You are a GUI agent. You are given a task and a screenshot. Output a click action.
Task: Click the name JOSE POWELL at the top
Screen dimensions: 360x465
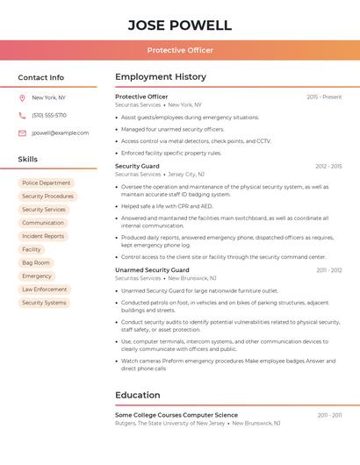[180, 25]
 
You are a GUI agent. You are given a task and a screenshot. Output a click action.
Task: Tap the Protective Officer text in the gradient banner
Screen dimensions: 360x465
[180, 50]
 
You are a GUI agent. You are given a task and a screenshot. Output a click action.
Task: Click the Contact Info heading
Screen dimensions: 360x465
[41, 77]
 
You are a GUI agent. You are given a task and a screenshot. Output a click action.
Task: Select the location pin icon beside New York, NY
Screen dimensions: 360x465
[22, 97]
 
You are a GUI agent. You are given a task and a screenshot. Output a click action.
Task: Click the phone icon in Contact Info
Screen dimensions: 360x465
[22, 115]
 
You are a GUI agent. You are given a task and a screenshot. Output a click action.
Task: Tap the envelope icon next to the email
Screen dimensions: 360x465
[22, 133]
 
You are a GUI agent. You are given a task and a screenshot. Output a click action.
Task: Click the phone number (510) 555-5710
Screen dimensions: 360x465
[49, 115]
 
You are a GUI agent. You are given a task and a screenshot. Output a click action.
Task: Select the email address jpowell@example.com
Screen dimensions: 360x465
[60, 133]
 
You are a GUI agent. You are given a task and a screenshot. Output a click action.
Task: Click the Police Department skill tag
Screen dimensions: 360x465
[47, 183]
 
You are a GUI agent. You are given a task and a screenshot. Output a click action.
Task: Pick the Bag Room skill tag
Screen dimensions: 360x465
[36, 262]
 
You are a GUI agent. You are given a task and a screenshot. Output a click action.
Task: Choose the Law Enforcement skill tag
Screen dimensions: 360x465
[45, 289]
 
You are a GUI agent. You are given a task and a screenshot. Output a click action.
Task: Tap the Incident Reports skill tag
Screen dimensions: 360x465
[43, 236]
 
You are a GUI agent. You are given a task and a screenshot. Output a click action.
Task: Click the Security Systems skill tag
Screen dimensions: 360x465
[44, 302]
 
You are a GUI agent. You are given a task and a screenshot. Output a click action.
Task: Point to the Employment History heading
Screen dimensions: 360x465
[161, 77]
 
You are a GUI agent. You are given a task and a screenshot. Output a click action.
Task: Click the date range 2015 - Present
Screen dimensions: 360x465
[324, 97]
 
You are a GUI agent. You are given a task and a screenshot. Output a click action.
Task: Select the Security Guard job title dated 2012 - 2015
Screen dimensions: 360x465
[137, 166]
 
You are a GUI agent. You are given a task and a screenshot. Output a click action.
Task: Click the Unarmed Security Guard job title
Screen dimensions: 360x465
[152, 270]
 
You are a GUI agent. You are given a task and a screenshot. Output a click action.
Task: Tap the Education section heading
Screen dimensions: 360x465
[138, 395]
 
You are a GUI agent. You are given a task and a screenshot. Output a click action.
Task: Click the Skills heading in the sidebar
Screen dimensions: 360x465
[28, 160]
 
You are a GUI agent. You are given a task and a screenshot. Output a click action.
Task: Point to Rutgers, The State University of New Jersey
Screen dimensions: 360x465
[169, 423]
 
